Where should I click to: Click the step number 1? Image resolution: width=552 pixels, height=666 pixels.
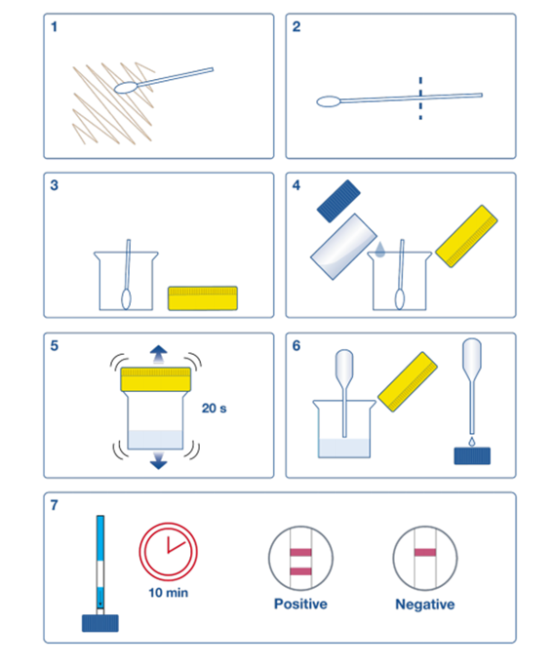coord(54,26)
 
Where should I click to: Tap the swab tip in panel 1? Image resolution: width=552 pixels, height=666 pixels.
coord(126,88)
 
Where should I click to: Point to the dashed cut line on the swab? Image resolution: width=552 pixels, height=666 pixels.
coord(420,98)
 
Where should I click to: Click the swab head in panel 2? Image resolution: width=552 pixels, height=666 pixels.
coord(329,101)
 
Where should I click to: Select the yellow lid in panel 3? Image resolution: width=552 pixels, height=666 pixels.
coord(203,298)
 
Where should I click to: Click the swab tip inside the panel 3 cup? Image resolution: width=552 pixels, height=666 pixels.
coord(126,299)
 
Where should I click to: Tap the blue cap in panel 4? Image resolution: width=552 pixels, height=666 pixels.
coord(338,201)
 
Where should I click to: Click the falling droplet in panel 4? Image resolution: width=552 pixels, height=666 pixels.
coord(380,250)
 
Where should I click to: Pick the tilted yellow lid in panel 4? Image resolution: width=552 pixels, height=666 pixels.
coord(466,236)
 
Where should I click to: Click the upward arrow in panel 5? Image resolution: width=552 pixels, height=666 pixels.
coord(159,354)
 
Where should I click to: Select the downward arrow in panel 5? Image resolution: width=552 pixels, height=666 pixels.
coord(159,461)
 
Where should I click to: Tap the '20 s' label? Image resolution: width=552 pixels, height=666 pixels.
coord(215,409)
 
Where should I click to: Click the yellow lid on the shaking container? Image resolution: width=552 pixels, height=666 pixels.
coord(156,379)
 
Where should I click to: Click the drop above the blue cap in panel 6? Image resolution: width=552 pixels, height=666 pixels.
coord(472,442)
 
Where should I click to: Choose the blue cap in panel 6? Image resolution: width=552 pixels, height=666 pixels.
coord(472,455)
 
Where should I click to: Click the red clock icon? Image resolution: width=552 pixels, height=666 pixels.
coord(169,552)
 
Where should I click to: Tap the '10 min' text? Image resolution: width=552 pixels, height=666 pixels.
coord(169,593)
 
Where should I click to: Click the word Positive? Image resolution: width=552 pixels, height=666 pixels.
coord(300,604)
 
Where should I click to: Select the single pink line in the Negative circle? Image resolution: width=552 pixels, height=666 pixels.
coord(425,553)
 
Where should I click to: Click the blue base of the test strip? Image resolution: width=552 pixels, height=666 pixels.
coord(100,623)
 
